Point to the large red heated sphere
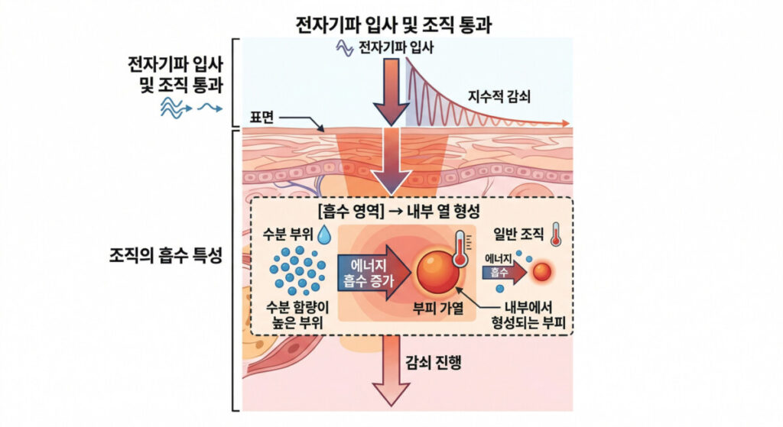[x=437, y=273]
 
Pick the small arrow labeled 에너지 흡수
[x=504, y=268]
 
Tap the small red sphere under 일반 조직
[x=541, y=270]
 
